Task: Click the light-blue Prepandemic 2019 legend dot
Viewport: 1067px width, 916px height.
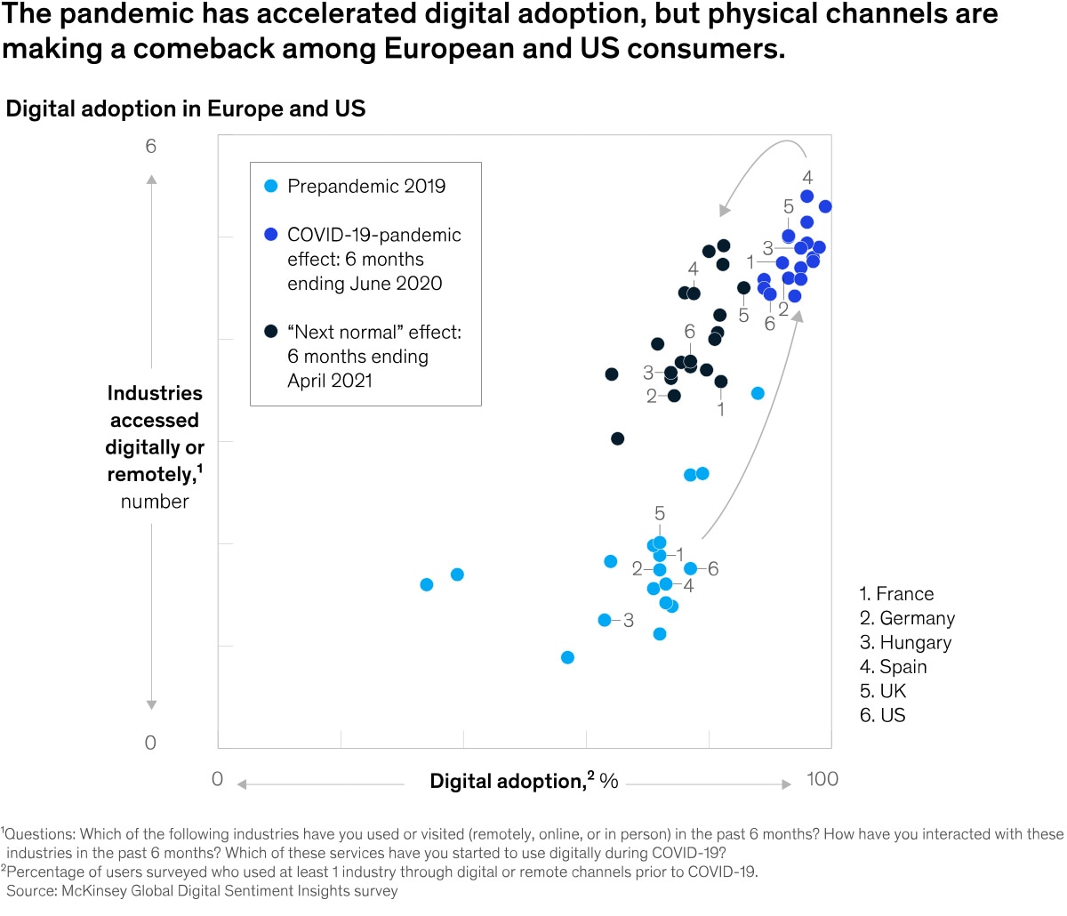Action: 271,187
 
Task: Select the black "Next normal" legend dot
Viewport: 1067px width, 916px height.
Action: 271,332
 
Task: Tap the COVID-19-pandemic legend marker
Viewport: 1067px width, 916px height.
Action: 271,235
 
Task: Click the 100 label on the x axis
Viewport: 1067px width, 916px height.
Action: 822,779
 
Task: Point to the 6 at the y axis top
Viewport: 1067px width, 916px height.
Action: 150,146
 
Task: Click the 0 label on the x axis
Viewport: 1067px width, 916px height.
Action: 217,779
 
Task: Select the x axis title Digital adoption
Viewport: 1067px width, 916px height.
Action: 507,781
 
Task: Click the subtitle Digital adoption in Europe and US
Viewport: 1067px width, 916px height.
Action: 186,108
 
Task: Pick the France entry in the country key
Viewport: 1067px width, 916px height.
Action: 896,594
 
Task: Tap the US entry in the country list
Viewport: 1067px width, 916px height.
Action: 883,715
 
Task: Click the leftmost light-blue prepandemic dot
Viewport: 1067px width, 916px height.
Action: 427,584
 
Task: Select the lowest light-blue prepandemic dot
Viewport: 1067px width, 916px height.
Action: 567,657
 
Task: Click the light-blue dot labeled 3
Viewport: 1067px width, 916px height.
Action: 605,620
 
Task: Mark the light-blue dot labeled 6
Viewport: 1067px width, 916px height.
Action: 690,568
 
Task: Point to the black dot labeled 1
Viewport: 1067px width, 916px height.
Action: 721,382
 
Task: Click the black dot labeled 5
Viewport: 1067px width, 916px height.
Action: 743,288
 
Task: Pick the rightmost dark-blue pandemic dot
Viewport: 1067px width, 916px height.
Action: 825,206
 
